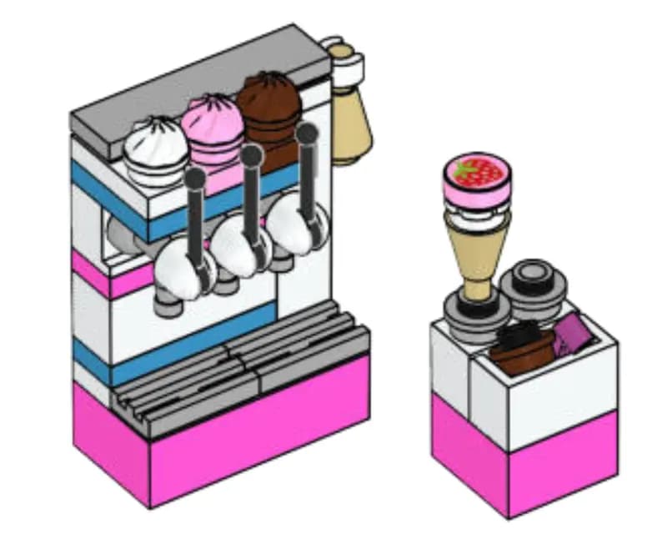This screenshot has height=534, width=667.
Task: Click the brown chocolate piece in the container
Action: [x=521, y=346]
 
